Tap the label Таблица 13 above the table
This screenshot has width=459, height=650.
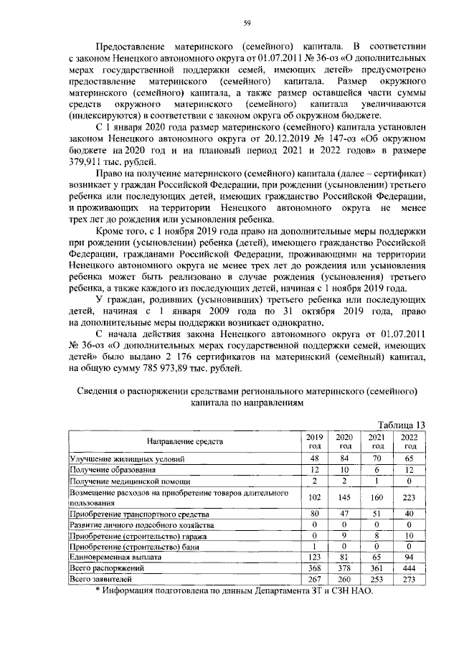pyautogui.click(x=401, y=424)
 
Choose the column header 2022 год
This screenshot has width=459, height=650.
pyautogui.click(x=410, y=441)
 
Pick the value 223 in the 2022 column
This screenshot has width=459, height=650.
pyautogui.click(x=410, y=499)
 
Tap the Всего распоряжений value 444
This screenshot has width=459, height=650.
pyautogui.click(x=410, y=567)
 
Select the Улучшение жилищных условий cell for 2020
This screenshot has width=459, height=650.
pyautogui.click(x=345, y=458)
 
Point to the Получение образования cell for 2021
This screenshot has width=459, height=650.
pyautogui.click(x=377, y=468)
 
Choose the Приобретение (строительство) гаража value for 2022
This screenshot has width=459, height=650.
pyautogui.click(x=410, y=535)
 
